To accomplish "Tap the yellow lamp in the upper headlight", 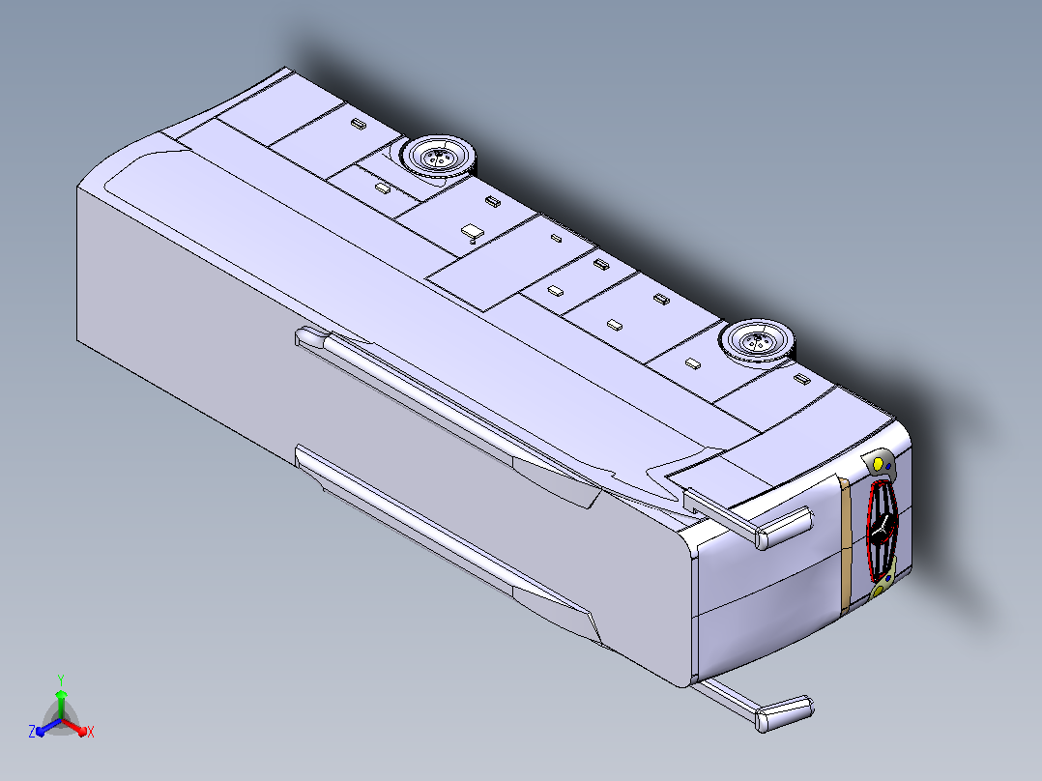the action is [878, 463].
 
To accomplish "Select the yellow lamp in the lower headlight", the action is [878, 590].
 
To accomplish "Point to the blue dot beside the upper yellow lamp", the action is [889, 467].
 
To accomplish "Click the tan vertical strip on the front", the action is [846, 546].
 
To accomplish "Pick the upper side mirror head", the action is [784, 528].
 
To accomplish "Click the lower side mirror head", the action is [785, 714].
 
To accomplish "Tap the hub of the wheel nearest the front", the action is [756, 341].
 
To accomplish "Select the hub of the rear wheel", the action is [439, 158].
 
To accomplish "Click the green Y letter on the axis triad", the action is [61, 680].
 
